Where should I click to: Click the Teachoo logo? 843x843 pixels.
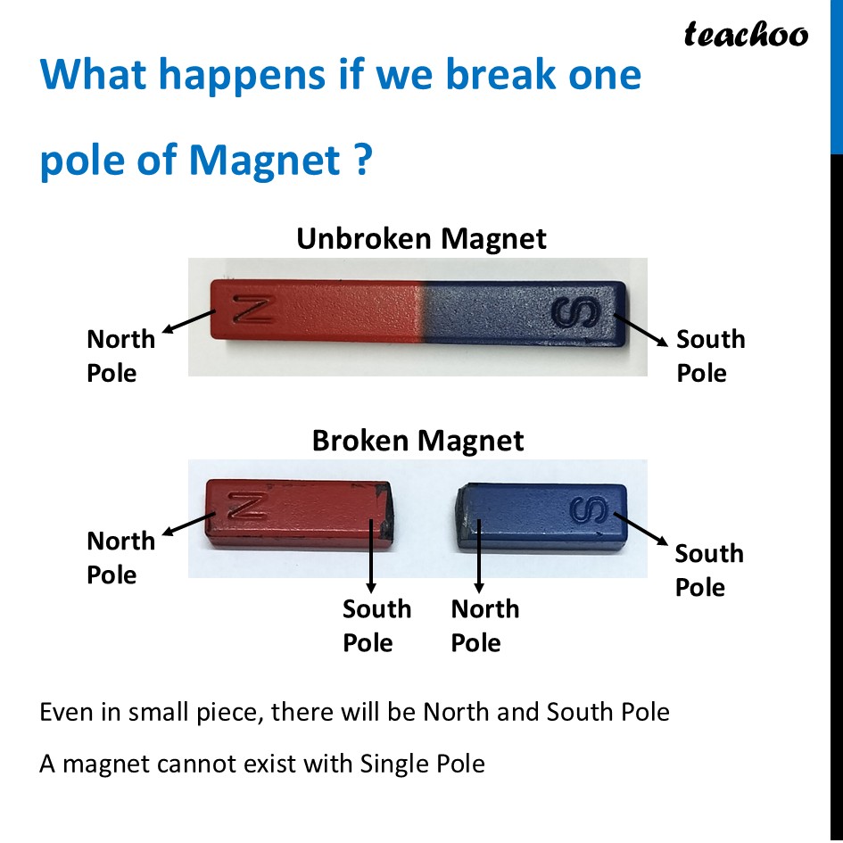[746, 35]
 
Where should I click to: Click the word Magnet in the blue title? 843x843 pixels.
[265, 161]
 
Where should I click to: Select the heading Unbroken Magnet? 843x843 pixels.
[421, 239]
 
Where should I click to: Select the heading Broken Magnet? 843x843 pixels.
[417, 441]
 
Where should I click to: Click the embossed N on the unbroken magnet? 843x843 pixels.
[252, 310]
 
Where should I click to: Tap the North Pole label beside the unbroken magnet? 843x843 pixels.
[120, 355]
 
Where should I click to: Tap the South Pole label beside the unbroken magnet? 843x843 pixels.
[710, 355]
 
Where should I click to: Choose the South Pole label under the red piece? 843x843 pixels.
[376, 625]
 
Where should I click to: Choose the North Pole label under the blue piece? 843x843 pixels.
[484, 625]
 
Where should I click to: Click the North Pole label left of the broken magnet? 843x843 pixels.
[120, 558]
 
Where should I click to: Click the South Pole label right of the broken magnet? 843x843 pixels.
[709, 570]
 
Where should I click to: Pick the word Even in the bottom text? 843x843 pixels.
[63, 713]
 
